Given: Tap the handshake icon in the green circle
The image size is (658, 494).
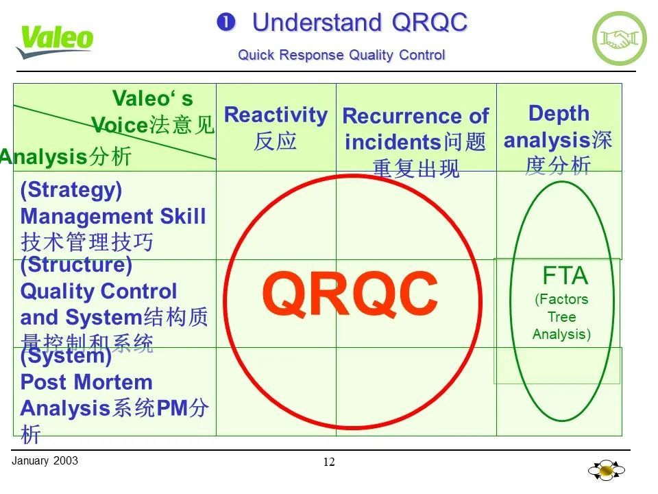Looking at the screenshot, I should pos(619,39).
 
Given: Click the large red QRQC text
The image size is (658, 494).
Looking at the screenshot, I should pos(350,294).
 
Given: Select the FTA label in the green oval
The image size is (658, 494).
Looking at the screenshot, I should pos(565,276).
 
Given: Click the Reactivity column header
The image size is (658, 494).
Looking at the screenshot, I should pos(276,115).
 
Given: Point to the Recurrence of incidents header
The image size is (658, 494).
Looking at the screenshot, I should pos(415,128).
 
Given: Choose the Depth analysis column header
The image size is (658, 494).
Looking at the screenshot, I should pos(559,114).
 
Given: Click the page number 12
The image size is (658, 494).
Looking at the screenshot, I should pos(329,462).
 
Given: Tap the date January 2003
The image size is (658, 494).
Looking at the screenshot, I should pos(45,461).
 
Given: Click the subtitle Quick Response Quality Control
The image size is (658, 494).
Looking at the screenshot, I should pos(341,56).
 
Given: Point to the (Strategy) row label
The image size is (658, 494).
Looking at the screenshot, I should pos(71,190).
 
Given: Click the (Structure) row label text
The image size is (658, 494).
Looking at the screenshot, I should pos(76,265).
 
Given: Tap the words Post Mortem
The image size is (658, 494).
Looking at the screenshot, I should pos(86,382).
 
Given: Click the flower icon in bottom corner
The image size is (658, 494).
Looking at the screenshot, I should pos(607,471).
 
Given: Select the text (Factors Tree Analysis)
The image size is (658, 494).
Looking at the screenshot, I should pos(561,317).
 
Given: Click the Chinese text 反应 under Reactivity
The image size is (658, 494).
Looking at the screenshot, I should pos(276,141).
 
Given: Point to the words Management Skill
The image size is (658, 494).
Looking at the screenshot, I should pos(113,217).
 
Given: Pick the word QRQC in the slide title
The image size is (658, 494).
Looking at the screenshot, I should pos(429,23).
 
